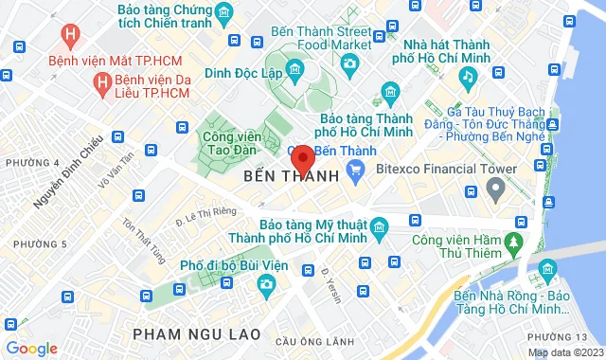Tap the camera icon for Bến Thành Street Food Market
pos(350,63)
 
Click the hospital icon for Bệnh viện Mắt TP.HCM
pos(68,36)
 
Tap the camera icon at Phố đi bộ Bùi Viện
pos(267,283)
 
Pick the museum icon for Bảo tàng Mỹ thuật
pos(379,227)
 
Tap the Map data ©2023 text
pos(563,352)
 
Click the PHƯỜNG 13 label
pos(575,338)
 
